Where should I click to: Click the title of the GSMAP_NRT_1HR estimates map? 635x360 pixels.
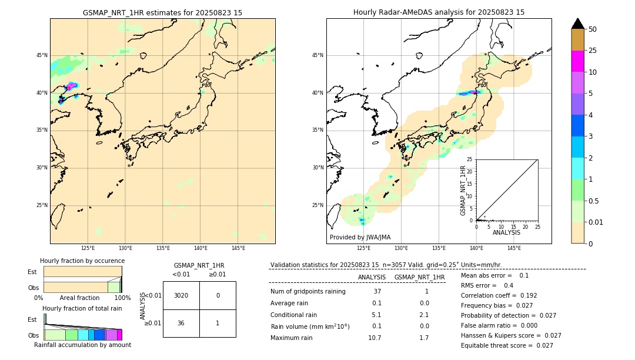pos(162,12)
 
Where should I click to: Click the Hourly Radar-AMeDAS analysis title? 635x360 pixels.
pos(439,12)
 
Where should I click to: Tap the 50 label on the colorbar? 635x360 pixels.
pos(593,29)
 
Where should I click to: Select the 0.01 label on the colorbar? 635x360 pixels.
pos(596,222)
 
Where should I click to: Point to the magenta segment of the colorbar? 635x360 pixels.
pos(577,61)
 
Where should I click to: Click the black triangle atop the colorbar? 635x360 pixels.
pos(577,24)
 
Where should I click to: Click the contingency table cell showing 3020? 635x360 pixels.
pos(181,295)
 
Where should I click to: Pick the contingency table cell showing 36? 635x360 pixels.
pos(181,323)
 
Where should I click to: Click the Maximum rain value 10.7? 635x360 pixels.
pos(375,338)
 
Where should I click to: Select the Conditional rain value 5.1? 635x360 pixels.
pos(377,315)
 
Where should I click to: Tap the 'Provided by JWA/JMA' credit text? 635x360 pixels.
pos(360,237)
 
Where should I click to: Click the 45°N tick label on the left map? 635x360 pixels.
pos(42,55)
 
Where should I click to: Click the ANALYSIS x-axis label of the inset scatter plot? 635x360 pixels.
pos(506,233)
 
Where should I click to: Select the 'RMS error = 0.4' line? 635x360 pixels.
pos(487,285)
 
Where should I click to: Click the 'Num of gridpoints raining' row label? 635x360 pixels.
pos(308,291)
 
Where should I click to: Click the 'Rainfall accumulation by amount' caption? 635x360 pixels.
pos(82,345)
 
